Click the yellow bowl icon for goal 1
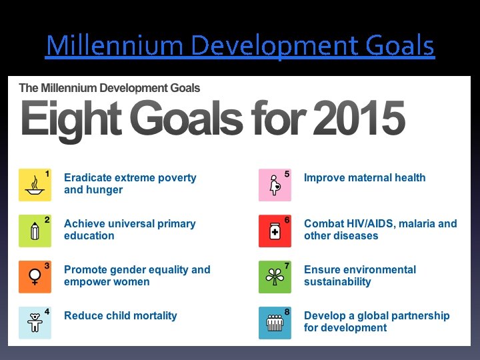point(35,185)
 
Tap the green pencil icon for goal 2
point(35,231)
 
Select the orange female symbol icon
point(35,277)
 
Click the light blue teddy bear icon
point(35,323)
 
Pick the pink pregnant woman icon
point(275,185)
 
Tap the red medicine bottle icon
point(275,231)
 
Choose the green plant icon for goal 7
point(275,277)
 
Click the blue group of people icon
point(275,323)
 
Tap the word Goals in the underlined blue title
point(400,47)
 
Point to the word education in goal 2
point(89,236)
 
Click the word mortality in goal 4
point(154,316)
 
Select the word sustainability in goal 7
point(337,282)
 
